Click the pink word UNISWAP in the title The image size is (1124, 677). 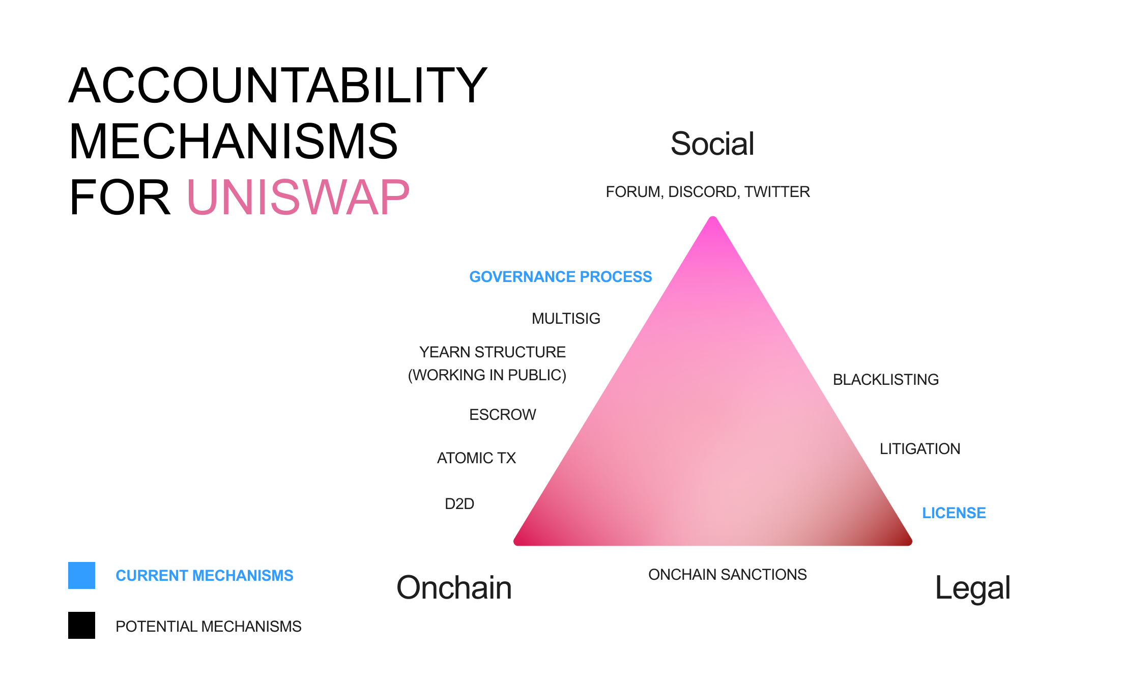click(x=299, y=197)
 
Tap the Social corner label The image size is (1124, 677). click(x=712, y=144)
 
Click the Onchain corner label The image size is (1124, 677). click(x=454, y=587)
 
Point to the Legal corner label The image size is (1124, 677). click(x=973, y=588)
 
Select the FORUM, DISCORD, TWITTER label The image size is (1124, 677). click(x=708, y=192)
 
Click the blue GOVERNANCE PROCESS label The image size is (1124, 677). click(x=561, y=276)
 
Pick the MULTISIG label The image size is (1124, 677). click(x=566, y=319)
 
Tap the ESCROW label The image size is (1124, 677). click(x=503, y=415)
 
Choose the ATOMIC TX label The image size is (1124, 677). click(x=477, y=458)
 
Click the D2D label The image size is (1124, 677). click(x=459, y=504)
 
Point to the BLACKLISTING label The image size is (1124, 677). click(x=886, y=380)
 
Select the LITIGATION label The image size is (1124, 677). click(x=920, y=449)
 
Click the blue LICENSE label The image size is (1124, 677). click(x=954, y=513)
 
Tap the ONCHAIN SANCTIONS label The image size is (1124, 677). click(x=728, y=575)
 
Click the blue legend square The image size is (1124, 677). click(x=81, y=576)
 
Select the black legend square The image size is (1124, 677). click(x=81, y=626)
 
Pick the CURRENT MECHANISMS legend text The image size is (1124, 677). click(x=205, y=576)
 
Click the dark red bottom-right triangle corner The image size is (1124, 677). click(x=909, y=543)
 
